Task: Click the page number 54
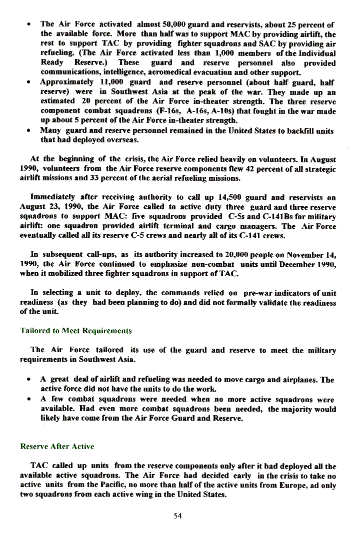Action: coord(177,516)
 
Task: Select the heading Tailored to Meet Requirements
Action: coord(76,331)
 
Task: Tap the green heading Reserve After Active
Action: coord(57,446)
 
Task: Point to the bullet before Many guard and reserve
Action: coord(30,131)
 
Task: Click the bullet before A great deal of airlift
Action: coord(30,380)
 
